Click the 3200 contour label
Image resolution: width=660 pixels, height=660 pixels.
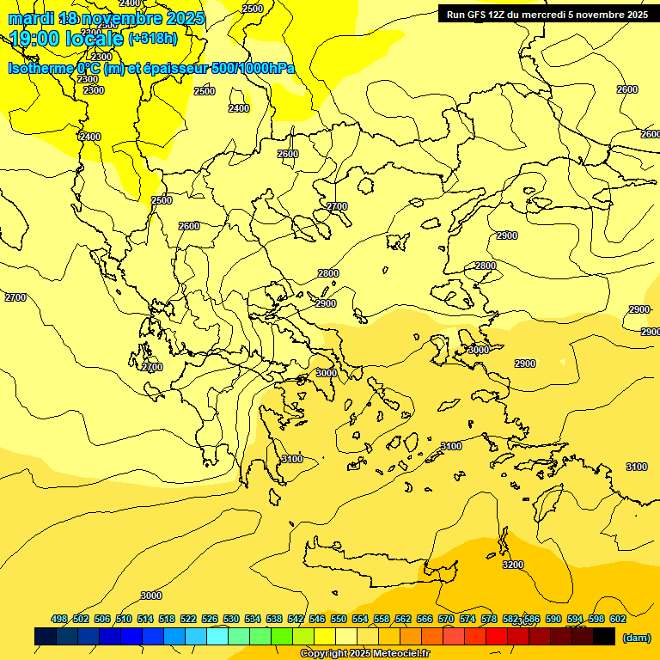(512, 565)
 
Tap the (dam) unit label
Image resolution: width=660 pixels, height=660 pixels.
(636, 637)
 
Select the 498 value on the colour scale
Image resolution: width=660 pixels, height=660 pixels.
(59, 619)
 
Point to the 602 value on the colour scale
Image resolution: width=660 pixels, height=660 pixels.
(617, 619)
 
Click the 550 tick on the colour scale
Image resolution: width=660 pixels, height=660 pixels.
(338, 619)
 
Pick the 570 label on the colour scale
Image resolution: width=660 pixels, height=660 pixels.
(445, 619)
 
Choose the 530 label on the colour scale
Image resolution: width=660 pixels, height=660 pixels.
(231, 619)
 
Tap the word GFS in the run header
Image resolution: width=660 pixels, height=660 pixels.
(474, 14)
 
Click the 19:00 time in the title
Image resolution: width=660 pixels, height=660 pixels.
(33, 38)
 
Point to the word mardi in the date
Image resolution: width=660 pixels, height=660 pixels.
(31, 18)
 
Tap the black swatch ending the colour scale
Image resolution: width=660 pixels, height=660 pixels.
(604, 637)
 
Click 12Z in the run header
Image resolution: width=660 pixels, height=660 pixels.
(498, 14)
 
